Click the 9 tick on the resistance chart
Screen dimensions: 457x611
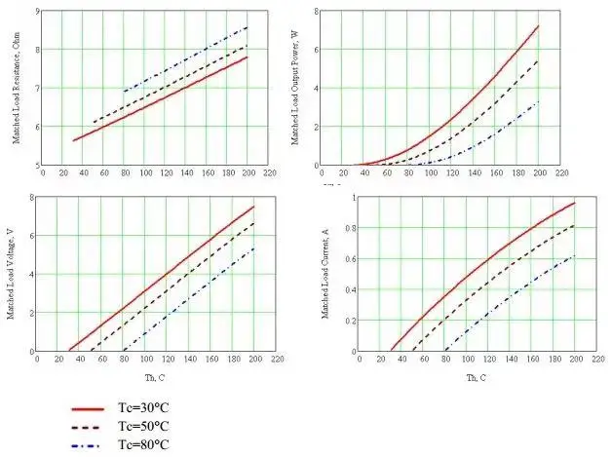tap(37, 10)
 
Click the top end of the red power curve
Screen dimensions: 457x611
tap(539, 25)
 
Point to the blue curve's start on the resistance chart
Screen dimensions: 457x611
tap(124, 92)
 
